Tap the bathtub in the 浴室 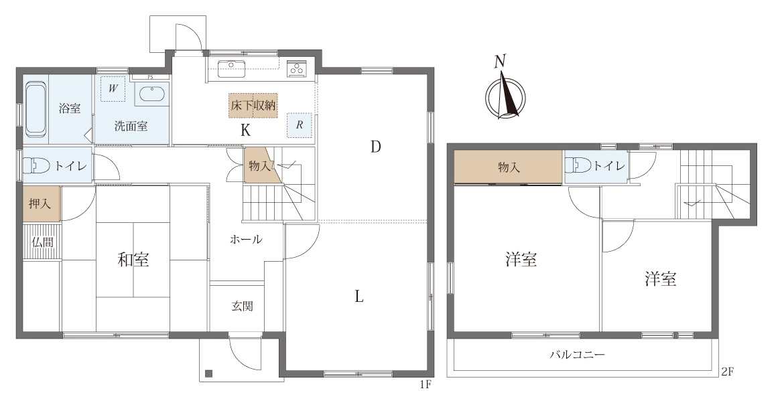click(x=36, y=110)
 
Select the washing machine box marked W click(x=113, y=88)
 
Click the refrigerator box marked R click(x=300, y=125)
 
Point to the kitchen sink click(x=231, y=69)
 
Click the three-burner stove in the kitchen click(x=298, y=69)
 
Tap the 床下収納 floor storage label click(x=253, y=106)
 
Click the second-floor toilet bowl click(x=578, y=166)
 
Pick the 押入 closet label click(x=40, y=203)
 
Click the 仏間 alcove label click(x=42, y=242)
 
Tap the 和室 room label click(x=133, y=260)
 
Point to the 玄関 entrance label click(x=242, y=306)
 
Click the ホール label click(x=246, y=240)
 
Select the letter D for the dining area click(x=375, y=147)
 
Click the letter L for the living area click(x=359, y=297)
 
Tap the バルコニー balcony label click(x=577, y=355)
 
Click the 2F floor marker click(x=726, y=372)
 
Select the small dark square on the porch click(x=208, y=373)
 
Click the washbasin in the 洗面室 click(x=152, y=94)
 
